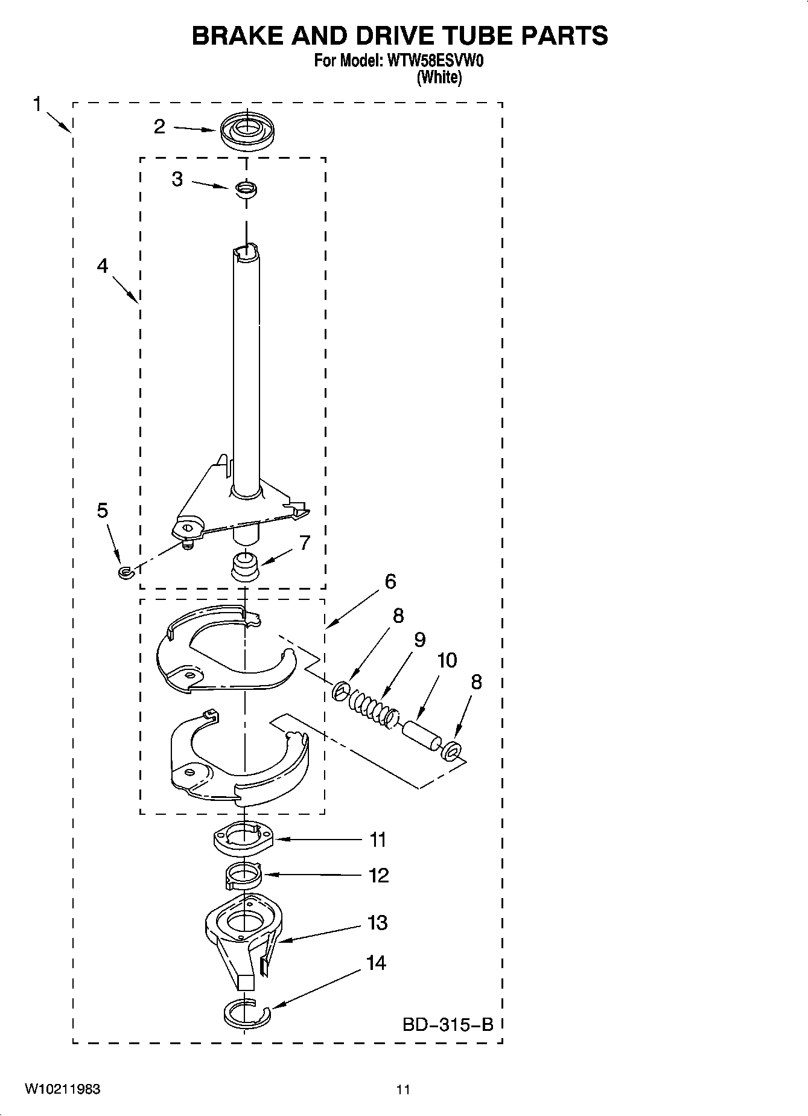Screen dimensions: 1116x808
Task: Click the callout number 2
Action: pos(159,126)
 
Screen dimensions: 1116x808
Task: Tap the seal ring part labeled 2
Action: pos(246,132)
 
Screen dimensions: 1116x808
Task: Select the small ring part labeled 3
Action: pos(246,189)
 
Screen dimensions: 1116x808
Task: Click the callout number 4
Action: pos(103,266)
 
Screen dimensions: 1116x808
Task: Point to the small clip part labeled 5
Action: pos(125,572)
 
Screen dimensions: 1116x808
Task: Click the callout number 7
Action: pos(305,543)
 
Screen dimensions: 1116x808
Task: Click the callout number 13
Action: pos(378,922)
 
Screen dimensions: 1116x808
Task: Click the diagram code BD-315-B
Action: pos(448,1024)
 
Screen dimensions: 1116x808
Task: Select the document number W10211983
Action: pos(63,1089)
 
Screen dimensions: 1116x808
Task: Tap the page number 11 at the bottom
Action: pos(403,1089)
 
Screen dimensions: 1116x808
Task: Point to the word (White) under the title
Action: pos(439,77)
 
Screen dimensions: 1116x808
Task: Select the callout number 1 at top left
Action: pos(37,104)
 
